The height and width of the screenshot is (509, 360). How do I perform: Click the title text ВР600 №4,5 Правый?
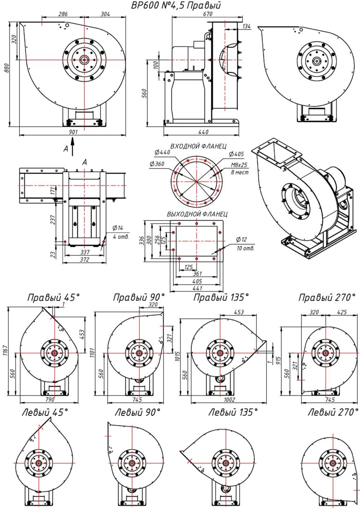176,6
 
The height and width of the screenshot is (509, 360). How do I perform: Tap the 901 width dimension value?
73,132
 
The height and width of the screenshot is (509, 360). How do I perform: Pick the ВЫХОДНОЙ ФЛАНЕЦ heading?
197,214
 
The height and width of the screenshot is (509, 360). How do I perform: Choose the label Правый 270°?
325,297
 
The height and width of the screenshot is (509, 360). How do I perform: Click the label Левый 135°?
233,412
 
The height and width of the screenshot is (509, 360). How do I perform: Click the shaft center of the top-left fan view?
84,60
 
